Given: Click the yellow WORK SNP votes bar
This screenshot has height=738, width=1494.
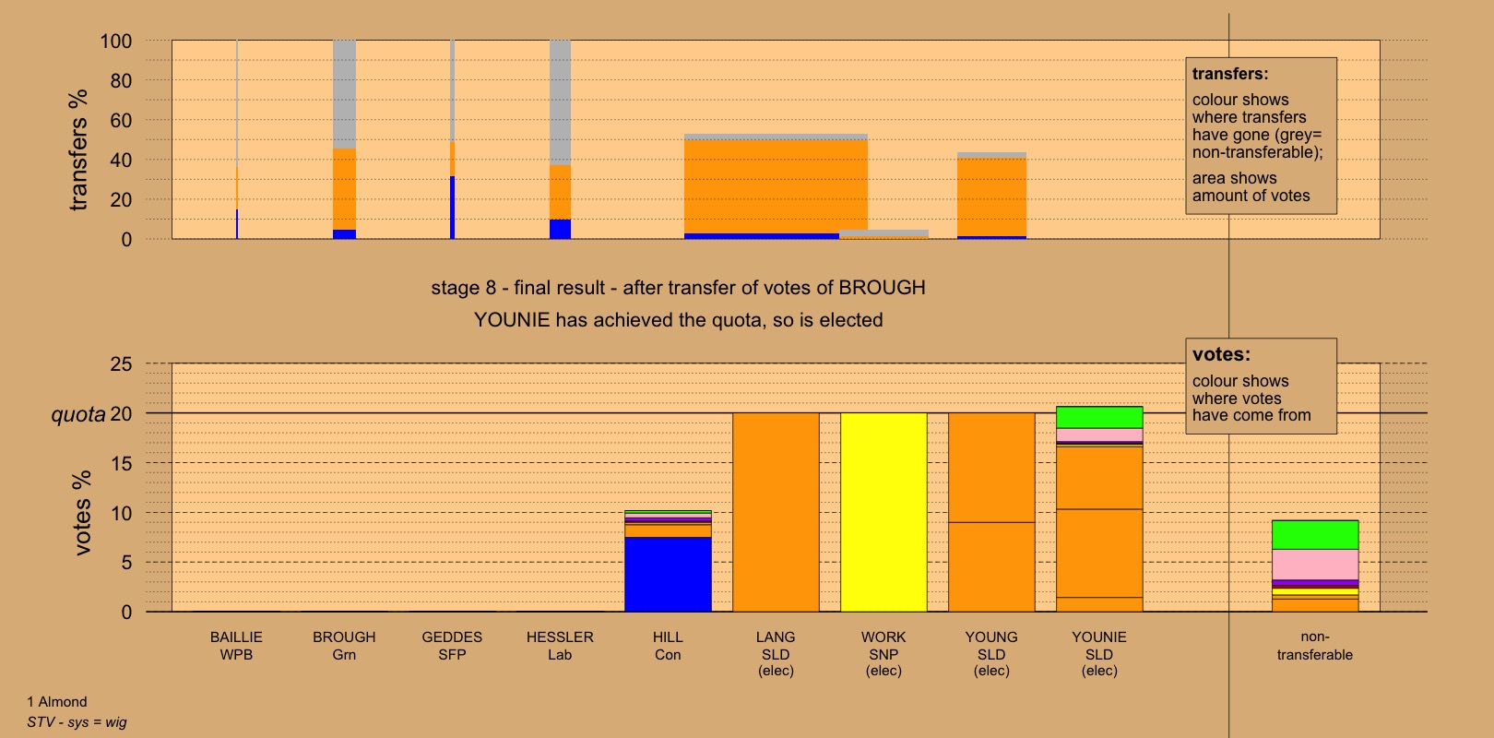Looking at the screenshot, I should coord(883,512).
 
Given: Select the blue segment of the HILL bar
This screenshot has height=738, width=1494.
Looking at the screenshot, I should coord(668,574).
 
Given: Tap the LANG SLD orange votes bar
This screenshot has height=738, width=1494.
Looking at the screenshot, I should coord(776,512).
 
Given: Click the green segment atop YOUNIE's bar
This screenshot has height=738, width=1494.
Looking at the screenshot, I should coord(1099,417).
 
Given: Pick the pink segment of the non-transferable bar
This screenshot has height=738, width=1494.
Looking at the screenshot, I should coord(1314,564).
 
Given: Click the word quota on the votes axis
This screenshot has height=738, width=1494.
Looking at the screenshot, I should coord(78,414).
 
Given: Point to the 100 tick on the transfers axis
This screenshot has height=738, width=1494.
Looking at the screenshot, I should coord(116,42).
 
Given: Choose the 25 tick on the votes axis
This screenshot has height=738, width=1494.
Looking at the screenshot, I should coord(122,364).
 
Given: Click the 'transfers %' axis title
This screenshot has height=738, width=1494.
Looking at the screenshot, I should coord(78,149).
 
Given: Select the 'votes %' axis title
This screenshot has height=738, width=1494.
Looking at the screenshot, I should coord(82,513).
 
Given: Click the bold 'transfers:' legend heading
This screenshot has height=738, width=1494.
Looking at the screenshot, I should coord(1230,74).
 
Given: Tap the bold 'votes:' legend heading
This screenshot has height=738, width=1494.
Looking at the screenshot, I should coord(1221,354).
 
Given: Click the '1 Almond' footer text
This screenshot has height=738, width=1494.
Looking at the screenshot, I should coord(57,702).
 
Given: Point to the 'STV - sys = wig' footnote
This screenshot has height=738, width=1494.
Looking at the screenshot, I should coord(77,722).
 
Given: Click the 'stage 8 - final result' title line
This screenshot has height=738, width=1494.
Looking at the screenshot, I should coord(678,288).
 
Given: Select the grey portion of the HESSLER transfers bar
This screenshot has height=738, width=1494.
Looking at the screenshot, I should coord(560,101).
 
